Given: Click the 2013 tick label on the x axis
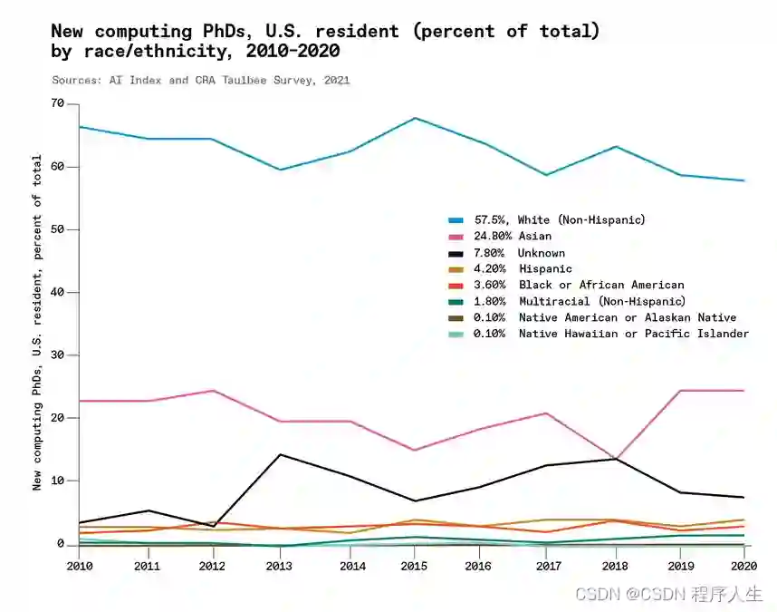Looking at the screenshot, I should (280, 565).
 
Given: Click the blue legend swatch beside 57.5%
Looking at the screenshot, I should (456, 220).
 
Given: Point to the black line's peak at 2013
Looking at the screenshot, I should (280, 454).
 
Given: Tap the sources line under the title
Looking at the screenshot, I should (200, 80).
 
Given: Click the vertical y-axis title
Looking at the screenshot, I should (37, 322).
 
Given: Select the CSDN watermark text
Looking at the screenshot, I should (668, 595).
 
